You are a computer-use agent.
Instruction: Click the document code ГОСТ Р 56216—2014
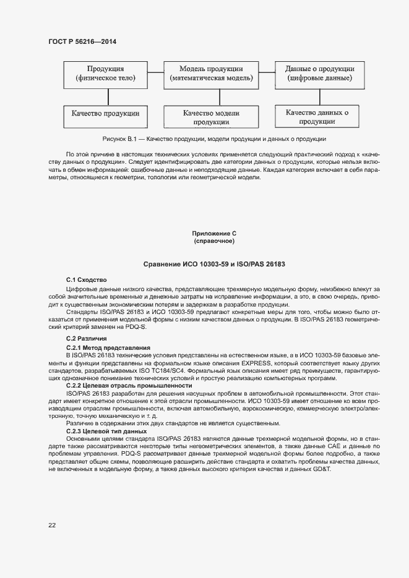pos(82,41)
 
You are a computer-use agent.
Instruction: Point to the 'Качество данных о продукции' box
pos(317,117)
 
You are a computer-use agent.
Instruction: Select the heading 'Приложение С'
pos(214,233)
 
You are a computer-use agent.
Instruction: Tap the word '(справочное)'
pos(214,240)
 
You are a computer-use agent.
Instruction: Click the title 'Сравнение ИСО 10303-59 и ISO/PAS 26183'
pos(214,265)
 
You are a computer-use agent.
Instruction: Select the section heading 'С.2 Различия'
pos(87,339)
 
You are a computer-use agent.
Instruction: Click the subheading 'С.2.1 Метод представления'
pos(108,348)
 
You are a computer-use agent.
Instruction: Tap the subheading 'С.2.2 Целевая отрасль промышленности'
pos(129,386)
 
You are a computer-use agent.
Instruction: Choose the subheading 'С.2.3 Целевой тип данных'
pos(106,431)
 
